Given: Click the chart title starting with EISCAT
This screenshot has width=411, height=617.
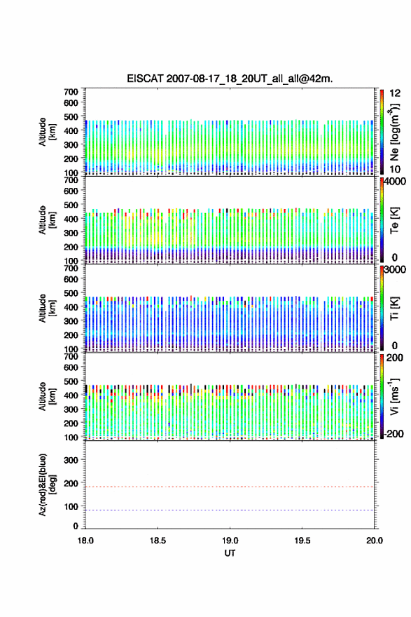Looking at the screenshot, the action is pos(230,79).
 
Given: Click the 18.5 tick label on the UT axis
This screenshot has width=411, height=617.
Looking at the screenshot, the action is pos(158,541).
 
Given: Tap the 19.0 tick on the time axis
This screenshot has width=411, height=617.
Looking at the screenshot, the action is pos(230,541).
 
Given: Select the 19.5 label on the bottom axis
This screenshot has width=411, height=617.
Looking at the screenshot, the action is pos(302,541).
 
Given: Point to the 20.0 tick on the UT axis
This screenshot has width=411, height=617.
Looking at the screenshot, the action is pos(374,541).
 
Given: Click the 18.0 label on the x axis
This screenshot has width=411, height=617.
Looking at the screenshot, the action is pos(85,541).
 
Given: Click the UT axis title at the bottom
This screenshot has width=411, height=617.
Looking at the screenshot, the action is pos(230,553).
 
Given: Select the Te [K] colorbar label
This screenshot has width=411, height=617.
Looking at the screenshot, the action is pos(394,220).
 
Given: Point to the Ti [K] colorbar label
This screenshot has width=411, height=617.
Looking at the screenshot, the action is pos(394,308).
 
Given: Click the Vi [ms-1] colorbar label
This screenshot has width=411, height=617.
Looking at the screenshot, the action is pos(394,397).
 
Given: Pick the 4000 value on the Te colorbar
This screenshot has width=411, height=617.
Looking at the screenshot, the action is pos(395,182).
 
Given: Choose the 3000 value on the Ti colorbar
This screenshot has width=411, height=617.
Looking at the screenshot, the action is pos(395,270).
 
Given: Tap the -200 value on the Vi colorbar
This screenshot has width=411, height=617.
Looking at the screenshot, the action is pos(393,434).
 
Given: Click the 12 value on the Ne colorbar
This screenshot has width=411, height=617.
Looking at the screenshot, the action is pos(395,93).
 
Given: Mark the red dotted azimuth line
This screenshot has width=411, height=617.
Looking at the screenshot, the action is pos(230,487).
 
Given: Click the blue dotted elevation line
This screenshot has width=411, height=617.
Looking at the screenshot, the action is pos(230,510).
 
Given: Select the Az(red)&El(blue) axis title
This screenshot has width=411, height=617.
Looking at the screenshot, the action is pos(46,484).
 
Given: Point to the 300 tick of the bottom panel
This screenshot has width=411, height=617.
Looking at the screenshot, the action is pos(71,460).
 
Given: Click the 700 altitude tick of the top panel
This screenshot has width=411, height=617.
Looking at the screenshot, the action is pos(71,92).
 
